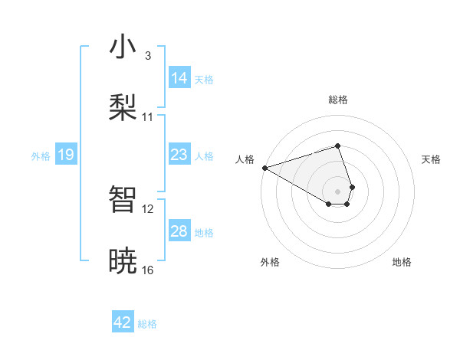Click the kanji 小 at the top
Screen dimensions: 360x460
click(123, 47)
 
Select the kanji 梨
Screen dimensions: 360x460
click(123, 106)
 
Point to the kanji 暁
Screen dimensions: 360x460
click(123, 260)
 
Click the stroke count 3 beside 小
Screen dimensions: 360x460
click(148, 56)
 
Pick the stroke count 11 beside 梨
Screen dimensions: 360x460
click(148, 117)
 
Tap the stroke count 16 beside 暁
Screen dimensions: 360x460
click(148, 270)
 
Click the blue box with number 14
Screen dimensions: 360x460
click(179, 78)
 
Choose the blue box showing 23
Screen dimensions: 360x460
click(179, 155)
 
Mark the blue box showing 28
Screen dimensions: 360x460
click(179, 231)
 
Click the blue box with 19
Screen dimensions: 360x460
click(65, 155)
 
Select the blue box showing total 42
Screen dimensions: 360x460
click(123, 322)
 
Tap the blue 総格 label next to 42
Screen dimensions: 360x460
click(147, 324)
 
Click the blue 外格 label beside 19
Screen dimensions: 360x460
click(41, 156)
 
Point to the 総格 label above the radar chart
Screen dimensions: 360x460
click(337, 100)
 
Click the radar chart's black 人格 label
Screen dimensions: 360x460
click(245, 159)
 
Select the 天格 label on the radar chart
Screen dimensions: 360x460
click(431, 159)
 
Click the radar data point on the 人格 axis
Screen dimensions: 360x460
click(264, 167)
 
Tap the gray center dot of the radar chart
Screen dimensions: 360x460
click(337, 191)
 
